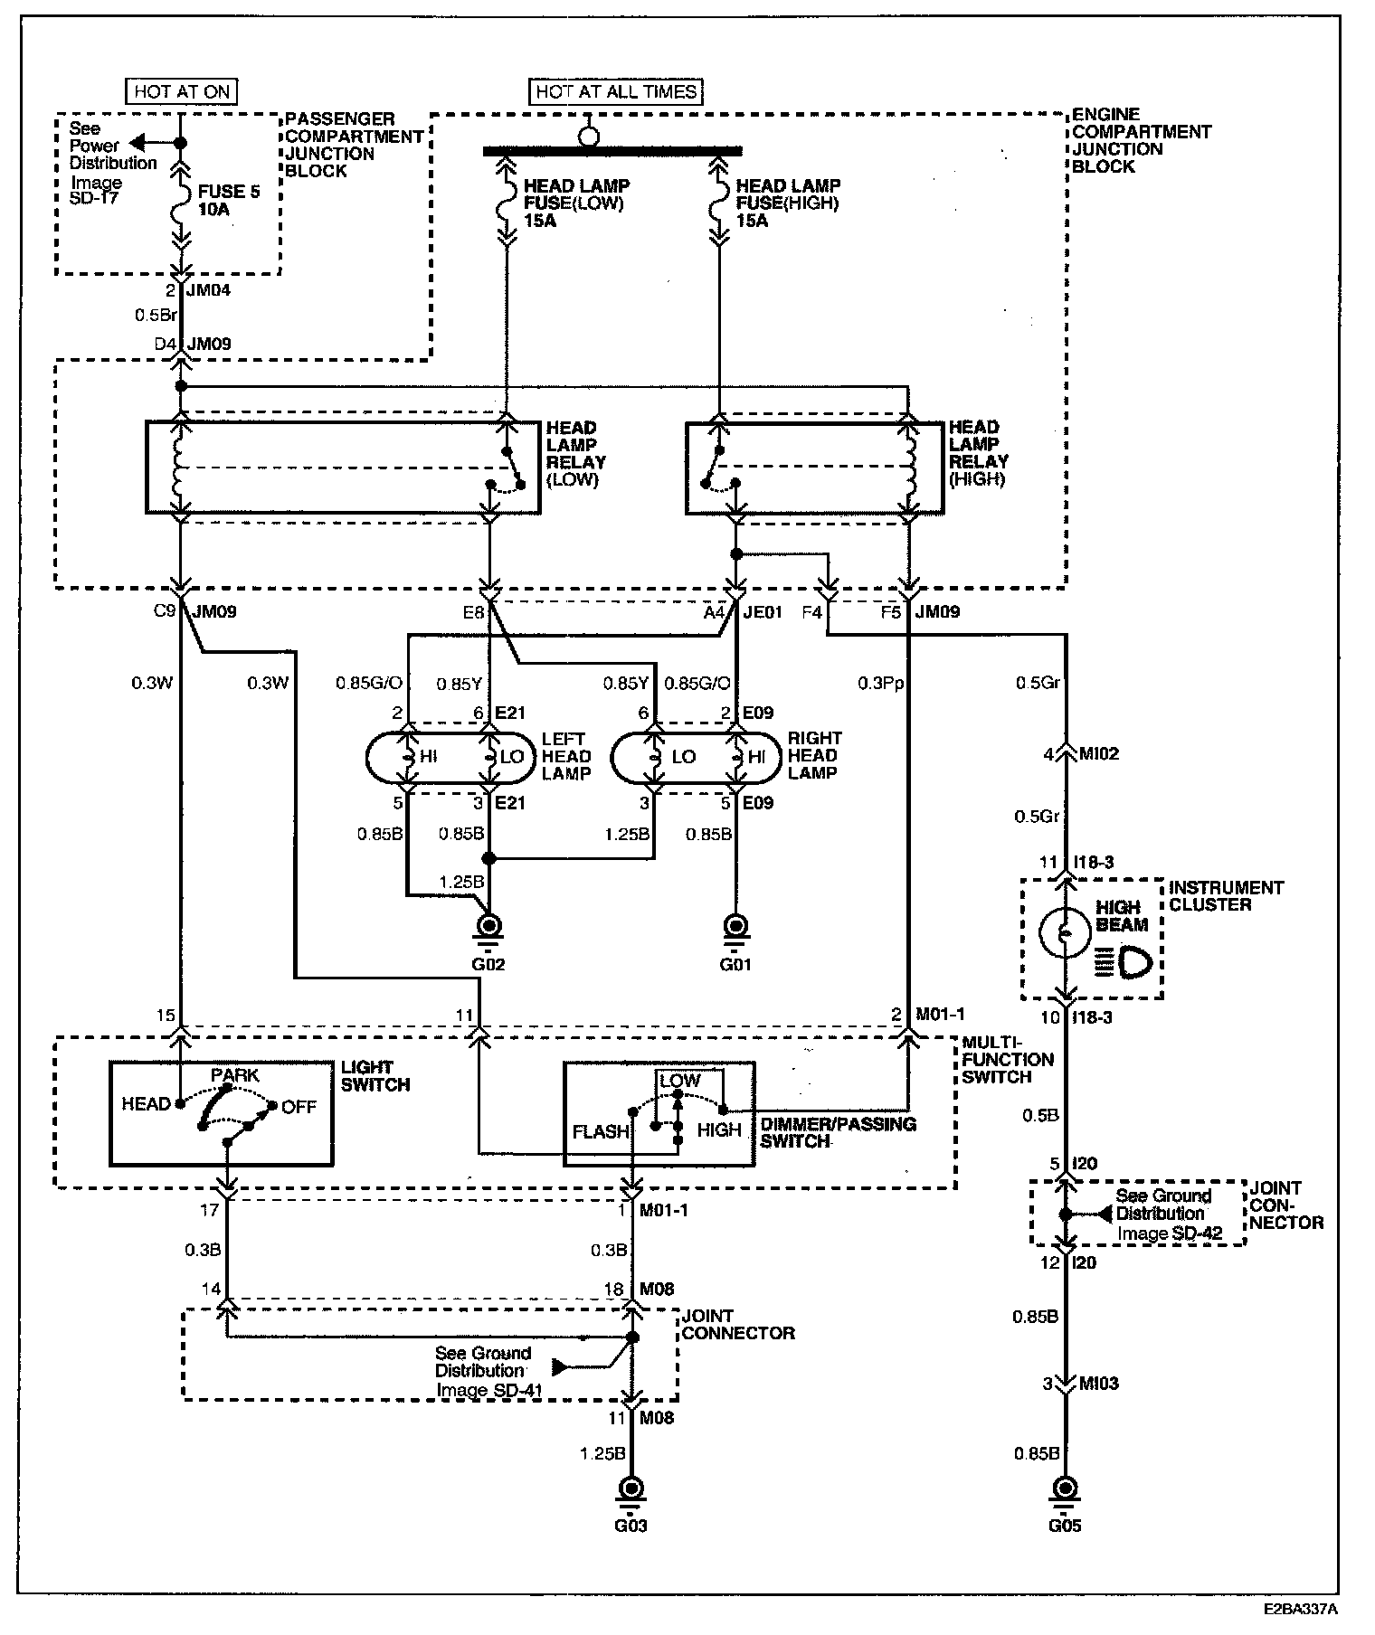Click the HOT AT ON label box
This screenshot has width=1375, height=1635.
point(181,91)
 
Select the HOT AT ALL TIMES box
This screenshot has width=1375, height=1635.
point(616,91)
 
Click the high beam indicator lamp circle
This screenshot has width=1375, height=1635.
point(1066,932)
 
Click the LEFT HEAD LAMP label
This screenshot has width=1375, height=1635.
point(566,756)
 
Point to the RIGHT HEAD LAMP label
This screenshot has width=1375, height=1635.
point(814,755)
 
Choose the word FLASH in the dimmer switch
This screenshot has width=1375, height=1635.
point(601,1131)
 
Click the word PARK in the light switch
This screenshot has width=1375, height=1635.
point(235,1075)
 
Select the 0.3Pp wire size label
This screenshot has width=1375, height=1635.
point(880,683)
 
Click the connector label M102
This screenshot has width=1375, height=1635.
point(1099,754)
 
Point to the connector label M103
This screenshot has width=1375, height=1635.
point(1099,1384)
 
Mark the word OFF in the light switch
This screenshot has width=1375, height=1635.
point(299,1107)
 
